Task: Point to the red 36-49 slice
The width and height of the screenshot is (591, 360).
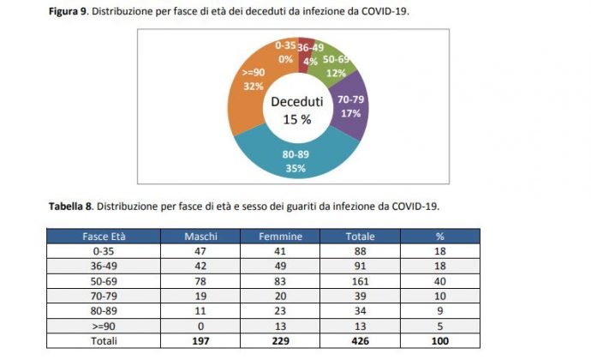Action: tap(309, 54)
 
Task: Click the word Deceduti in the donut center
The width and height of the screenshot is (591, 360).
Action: tap(296, 102)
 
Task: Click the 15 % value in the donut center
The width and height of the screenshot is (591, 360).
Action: tap(296, 120)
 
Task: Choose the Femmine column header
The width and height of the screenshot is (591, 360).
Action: tap(279, 236)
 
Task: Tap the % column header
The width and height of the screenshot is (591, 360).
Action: tap(439, 236)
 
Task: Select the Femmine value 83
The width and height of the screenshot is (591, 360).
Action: tap(279, 279)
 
